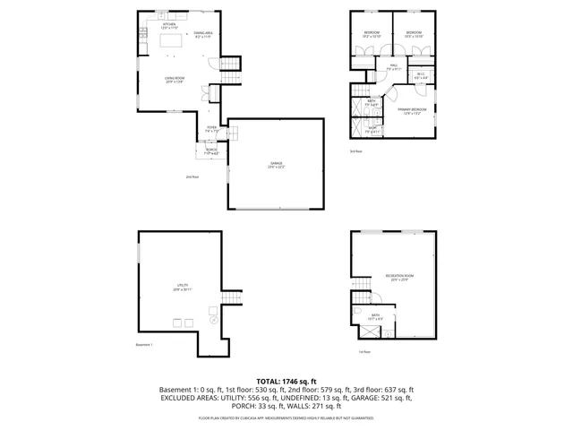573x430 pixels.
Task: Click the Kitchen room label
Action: [169, 25]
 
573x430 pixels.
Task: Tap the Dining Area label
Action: [202, 35]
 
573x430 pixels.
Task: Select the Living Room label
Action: [174, 81]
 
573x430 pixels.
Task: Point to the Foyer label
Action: [212, 129]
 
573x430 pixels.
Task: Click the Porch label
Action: [211, 150]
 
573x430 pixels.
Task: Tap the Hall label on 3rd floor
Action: [392, 67]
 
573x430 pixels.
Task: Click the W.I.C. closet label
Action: [420, 76]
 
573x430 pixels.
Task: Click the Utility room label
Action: [183, 288]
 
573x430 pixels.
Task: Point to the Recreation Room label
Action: [397, 278]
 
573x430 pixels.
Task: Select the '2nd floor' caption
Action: [192, 177]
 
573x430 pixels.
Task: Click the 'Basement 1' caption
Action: [144, 345]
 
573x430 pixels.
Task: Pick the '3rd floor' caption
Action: [355, 151]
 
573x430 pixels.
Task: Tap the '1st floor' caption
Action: [364, 352]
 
